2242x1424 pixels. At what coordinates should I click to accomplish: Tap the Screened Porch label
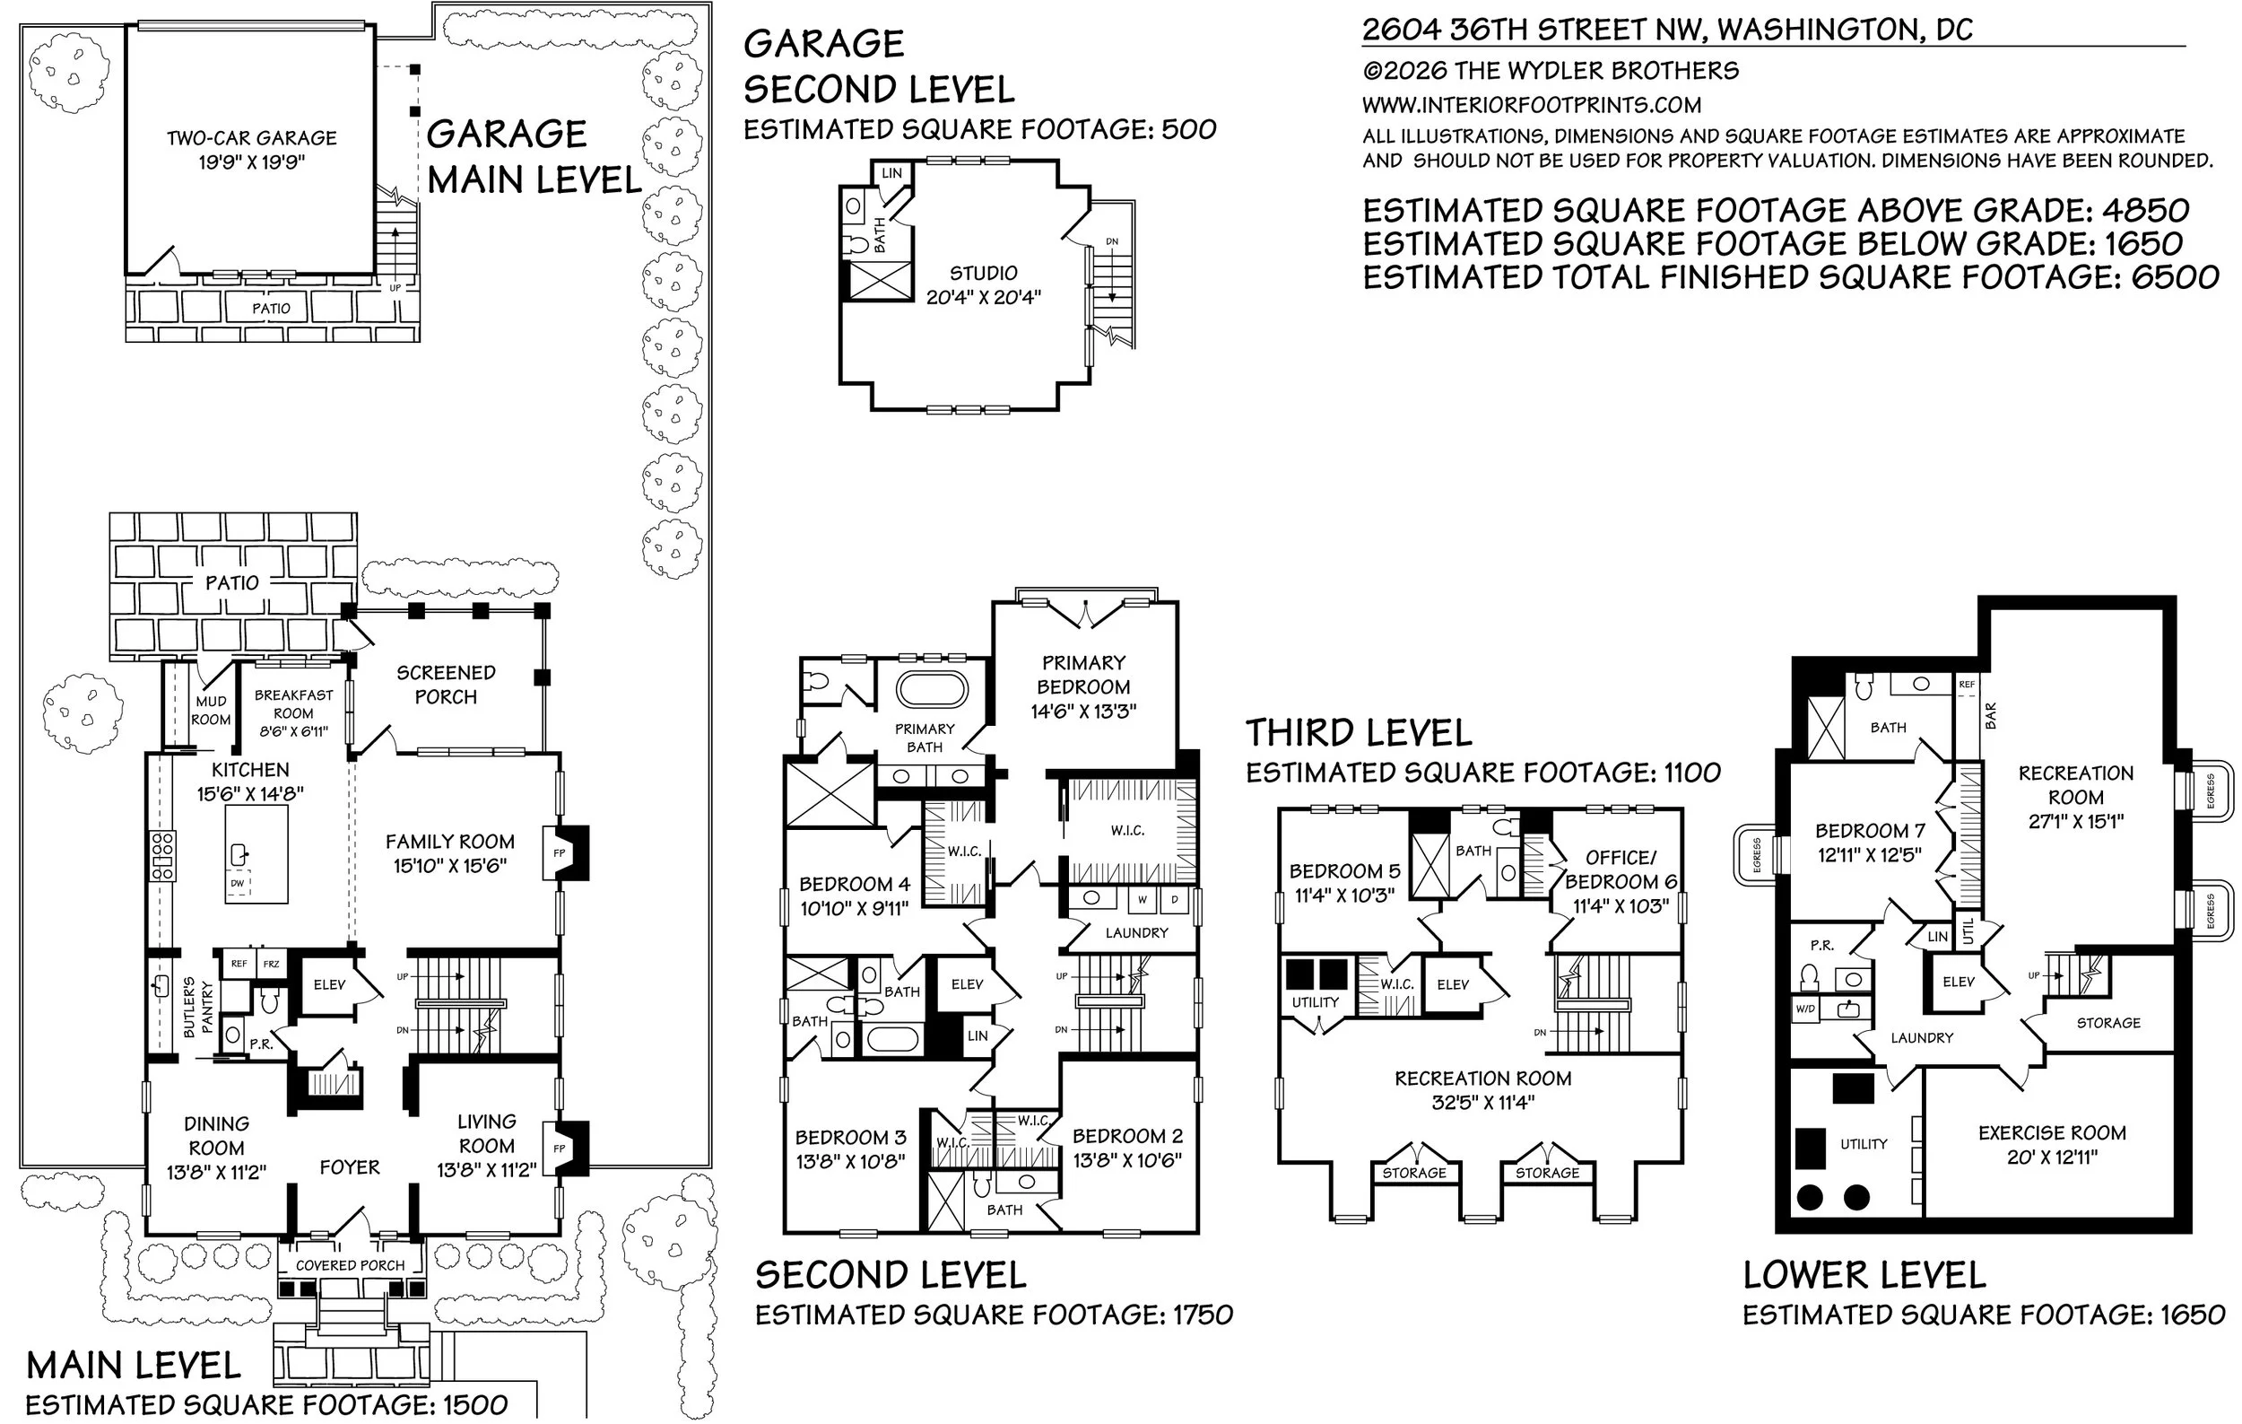coord(446,685)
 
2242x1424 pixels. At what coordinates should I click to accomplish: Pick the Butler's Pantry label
coord(198,1007)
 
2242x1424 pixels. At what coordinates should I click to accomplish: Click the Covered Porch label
coord(350,1265)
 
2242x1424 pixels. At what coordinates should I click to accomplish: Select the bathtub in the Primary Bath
coord(932,690)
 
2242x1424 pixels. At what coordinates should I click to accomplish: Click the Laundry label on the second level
coord(1136,932)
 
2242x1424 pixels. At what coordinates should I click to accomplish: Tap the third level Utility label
coord(1315,1002)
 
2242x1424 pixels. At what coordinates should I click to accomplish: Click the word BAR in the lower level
coord(1991,715)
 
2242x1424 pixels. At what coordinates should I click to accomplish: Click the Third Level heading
coord(1359,733)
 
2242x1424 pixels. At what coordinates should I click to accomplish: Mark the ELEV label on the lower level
coord(1958,982)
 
